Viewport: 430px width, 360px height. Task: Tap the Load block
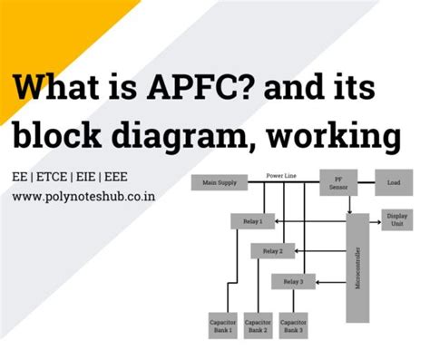(x=393, y=182)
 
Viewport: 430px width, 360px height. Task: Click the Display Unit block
(x=396, y=220)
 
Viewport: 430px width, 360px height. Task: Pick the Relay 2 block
(x=272, y=250)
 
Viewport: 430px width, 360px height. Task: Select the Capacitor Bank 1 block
(x=223, y=326)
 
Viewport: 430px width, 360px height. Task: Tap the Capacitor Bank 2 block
(x=258, y=326)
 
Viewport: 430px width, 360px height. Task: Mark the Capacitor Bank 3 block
(x=292, y=326)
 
